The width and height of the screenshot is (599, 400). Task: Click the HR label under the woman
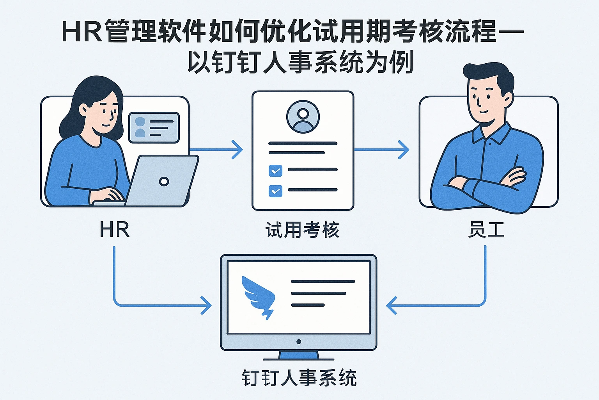(x=114, y=230)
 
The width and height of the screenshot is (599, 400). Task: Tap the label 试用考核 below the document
(x=302, y=230)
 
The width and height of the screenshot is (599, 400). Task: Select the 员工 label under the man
(x=486, y=230)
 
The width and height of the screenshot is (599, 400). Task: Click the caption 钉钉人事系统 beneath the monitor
(x=299, y=378)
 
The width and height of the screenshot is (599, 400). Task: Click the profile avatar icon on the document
(x=303, y=117)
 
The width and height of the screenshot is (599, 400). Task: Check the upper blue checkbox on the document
(x=275, y=171)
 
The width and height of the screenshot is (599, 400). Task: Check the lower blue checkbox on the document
(x=275, y=191)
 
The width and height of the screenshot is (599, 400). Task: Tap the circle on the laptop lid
(x=164, y=182)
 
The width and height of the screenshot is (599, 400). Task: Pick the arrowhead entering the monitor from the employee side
(x=391, y=305)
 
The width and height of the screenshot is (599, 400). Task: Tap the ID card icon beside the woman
(x=154, y=127)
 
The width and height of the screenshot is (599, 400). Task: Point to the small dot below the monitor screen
(x=299, y=342)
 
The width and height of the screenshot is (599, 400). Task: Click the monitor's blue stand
(x=299, y=355)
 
